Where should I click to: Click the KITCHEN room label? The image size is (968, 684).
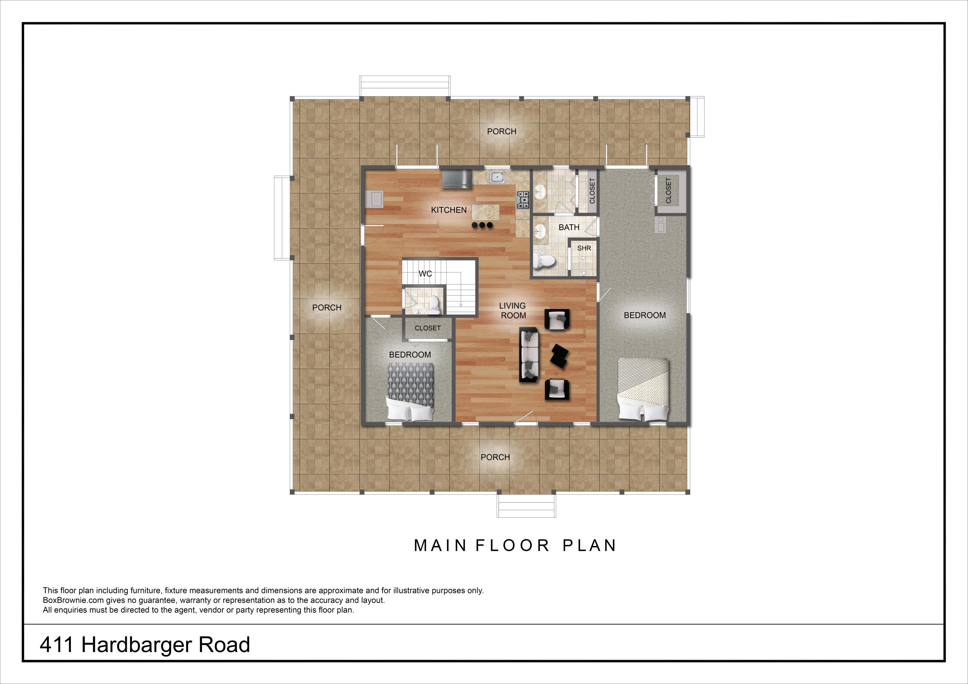449,210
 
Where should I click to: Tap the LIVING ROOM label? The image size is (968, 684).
513,311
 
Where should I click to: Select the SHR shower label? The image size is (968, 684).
584,248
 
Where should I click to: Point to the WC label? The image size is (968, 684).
425,274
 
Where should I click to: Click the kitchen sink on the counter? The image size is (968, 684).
498,177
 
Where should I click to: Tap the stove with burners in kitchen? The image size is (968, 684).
523,200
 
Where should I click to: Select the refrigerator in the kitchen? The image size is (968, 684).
457,179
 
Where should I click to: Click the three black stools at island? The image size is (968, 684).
482,225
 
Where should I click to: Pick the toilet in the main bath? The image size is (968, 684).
544,261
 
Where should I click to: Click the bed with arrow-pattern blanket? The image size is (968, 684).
410,392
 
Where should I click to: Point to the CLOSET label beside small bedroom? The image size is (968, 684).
428,328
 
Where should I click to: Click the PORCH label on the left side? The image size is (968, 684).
327,308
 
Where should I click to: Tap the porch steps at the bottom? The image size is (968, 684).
526,505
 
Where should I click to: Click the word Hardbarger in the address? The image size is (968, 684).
136,645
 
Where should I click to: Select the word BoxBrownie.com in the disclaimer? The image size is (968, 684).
73,600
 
